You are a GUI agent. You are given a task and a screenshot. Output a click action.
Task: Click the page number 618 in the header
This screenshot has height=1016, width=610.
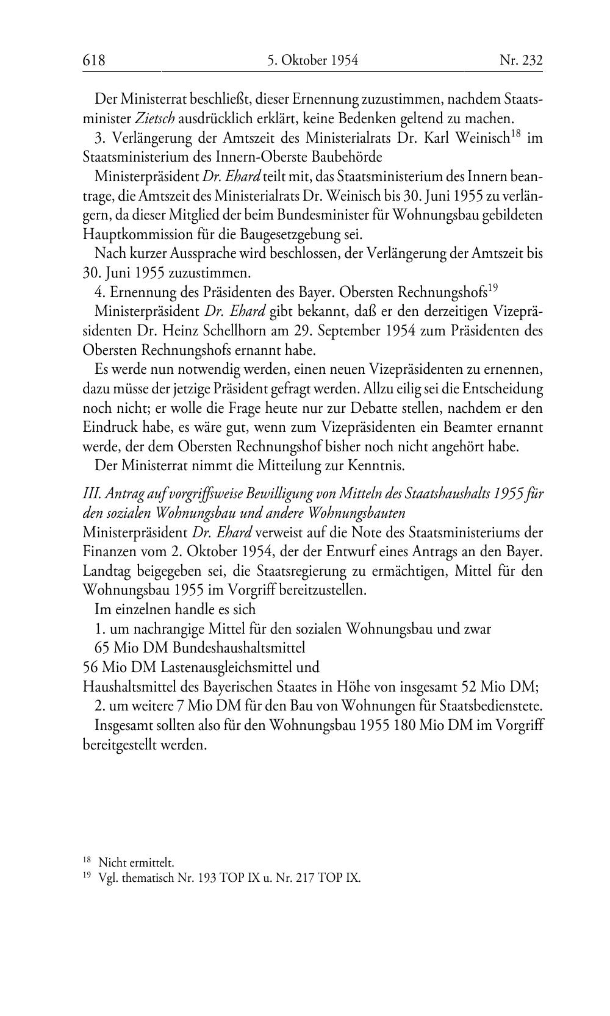(94, 60)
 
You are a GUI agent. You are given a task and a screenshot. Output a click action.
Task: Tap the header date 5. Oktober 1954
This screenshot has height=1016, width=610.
(312, 60)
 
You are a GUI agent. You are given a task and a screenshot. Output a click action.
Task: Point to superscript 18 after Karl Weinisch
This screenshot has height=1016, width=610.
(515, 133)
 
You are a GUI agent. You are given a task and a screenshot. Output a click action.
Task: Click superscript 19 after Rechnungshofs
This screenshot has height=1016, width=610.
(493, 287)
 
